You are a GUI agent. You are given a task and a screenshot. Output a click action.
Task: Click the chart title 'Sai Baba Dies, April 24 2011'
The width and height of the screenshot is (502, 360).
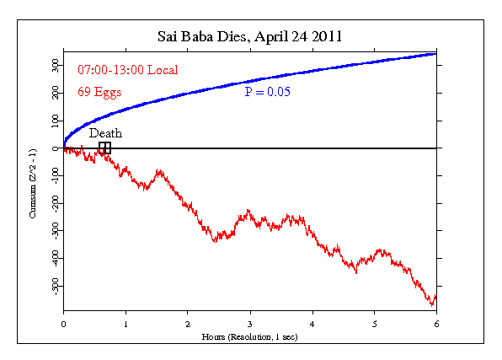249,37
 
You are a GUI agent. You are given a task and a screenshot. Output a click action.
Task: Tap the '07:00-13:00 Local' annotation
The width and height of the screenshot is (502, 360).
128,69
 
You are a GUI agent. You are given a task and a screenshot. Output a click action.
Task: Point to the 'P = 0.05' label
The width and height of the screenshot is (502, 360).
267,92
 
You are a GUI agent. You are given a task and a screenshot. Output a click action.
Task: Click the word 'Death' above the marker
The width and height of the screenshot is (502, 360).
105,133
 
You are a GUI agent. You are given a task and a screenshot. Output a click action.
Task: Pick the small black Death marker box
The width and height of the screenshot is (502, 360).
104,148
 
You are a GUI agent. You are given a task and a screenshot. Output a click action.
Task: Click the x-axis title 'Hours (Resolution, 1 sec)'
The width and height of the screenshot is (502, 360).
249,336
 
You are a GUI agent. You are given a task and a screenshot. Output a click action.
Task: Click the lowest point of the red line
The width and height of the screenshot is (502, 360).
432,304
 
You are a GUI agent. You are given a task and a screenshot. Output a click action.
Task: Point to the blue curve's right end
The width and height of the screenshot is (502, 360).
435,54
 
